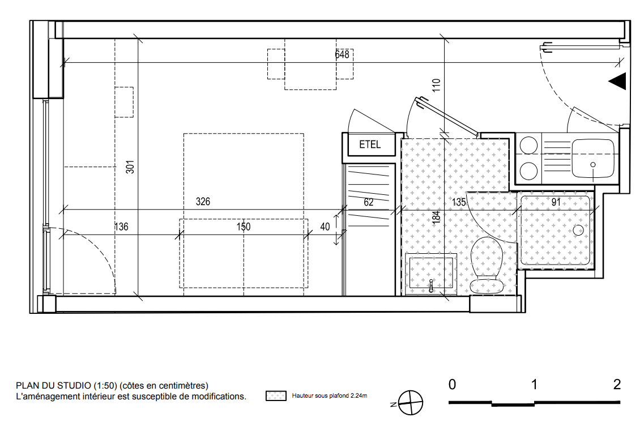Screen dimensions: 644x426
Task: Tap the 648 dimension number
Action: click(342, 54)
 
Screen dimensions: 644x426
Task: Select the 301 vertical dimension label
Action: click(130, 167)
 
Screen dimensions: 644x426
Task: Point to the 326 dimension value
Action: click(203, 201)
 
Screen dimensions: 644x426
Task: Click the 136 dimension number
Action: click(121, 227)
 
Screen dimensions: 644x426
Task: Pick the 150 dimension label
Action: click(244, 227)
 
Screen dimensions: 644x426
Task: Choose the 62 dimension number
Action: click(368, 202)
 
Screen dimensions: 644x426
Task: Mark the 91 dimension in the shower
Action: click(556, 202)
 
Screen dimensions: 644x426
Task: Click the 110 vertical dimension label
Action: click(436, 85)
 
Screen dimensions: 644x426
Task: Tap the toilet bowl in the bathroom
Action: click(487, 265)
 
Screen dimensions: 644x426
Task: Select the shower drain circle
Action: click(578, 231)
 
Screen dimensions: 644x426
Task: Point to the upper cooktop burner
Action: click(528, 146)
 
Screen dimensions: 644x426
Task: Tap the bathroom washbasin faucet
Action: click(431, 286)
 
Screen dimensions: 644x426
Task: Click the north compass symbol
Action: click(410, 403)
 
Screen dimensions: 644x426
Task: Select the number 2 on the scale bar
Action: click(617, 385)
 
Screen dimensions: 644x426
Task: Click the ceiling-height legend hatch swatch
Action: click(276, 395)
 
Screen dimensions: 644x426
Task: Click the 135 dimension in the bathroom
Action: click(459, 202)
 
